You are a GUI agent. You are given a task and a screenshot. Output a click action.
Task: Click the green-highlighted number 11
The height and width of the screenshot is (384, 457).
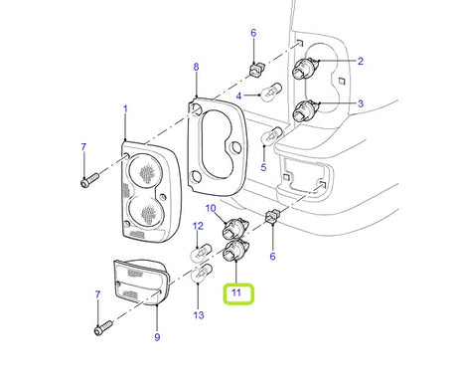click(236, 293)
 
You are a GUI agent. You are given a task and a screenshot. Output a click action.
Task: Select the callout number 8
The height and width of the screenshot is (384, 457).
click(197, 67)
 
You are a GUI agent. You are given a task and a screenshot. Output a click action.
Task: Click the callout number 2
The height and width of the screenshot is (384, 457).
click(360, 61)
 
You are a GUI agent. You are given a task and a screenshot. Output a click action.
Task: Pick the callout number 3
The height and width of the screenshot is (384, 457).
click(360, 102)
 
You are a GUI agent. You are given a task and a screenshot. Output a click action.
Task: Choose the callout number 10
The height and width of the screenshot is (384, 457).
click(211, 209)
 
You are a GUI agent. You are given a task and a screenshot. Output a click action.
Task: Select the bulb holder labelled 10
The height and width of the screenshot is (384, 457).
click(236, 228)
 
